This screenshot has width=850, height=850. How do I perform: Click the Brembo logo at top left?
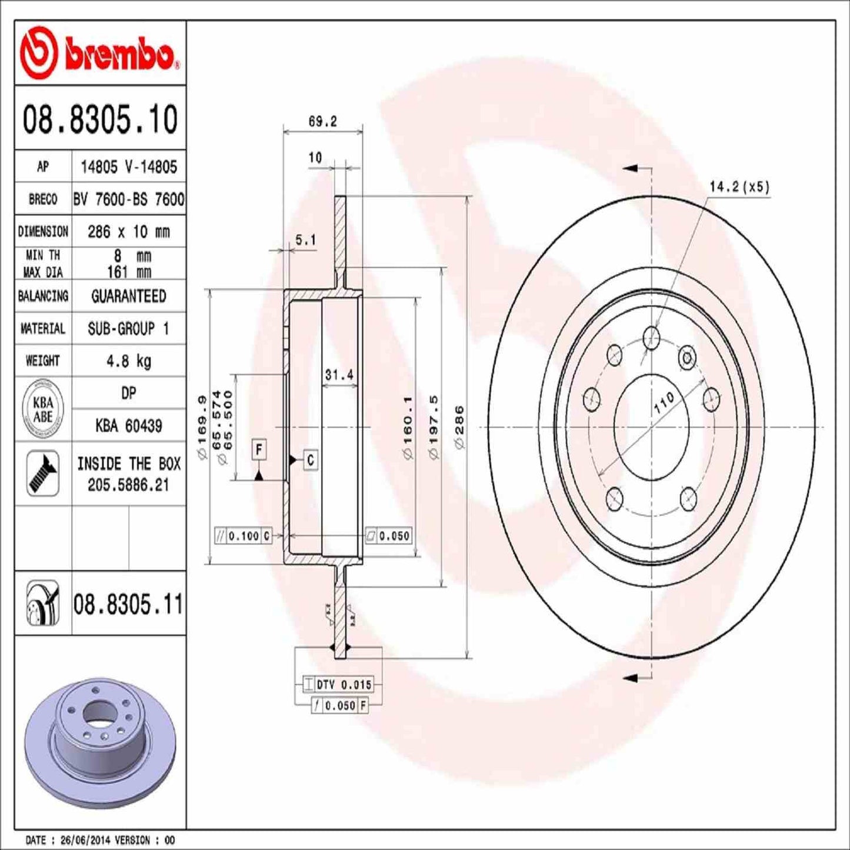99,54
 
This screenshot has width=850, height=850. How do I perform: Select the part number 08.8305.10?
100,119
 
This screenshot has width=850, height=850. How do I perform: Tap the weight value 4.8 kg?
128,361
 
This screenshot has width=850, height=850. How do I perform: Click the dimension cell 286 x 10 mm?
128,232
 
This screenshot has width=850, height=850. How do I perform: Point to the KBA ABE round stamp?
43,409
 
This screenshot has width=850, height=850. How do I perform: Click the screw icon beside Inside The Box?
43,473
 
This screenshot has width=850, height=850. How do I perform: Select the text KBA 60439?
128,425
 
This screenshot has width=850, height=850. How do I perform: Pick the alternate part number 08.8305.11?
128,604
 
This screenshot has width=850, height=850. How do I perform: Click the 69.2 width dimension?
322,121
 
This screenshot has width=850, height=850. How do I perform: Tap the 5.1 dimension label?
305,239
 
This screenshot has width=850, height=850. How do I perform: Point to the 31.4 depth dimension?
339,375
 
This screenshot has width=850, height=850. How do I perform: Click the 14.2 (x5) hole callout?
739,187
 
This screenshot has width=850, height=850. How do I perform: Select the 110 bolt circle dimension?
664,404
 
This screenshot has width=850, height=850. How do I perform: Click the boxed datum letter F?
259,450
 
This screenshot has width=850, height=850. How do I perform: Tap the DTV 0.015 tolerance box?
338,685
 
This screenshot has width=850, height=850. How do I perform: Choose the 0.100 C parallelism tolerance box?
243,536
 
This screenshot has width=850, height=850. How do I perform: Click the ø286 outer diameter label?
459,426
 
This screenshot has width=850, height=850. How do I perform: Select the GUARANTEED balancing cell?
128,296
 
